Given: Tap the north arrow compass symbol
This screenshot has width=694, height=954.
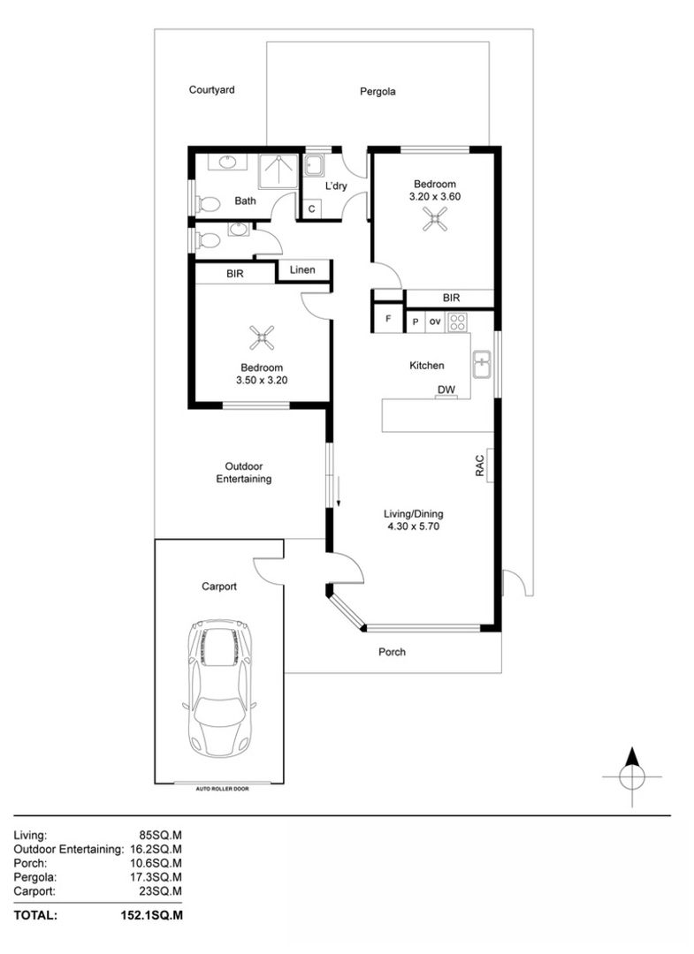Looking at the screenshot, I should point(631,776).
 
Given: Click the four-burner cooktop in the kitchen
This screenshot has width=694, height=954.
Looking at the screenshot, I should point(457,322).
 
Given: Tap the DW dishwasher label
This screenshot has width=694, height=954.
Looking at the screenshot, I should point(446,390).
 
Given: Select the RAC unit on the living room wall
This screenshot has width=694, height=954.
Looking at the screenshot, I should point(488,466).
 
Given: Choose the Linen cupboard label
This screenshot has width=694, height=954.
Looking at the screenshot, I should point(303,269).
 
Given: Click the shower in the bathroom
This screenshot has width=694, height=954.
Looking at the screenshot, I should point(278,170).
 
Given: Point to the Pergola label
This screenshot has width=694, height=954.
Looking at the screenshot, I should point(378,91).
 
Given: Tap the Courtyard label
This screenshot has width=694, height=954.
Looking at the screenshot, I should point(211,89).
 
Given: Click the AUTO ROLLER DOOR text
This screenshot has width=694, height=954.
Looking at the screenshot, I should point(222,787).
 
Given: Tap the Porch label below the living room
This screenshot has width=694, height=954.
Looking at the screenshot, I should point(392,652).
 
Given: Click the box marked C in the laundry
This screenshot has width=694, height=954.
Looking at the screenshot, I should point(312,209).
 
